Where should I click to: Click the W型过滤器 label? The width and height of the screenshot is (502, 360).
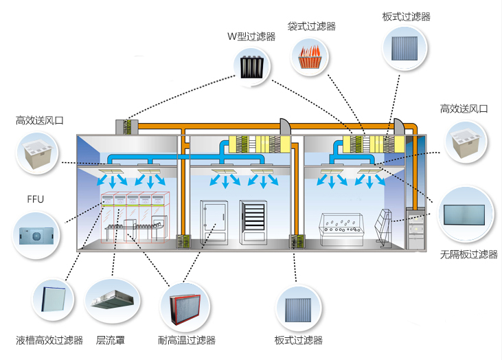pos(251,36)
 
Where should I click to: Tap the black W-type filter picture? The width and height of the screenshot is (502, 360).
pos(252,67)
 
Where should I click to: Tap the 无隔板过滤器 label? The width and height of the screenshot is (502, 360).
pos(468,254)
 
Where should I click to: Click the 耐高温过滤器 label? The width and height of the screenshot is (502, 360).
pos(187,339)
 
